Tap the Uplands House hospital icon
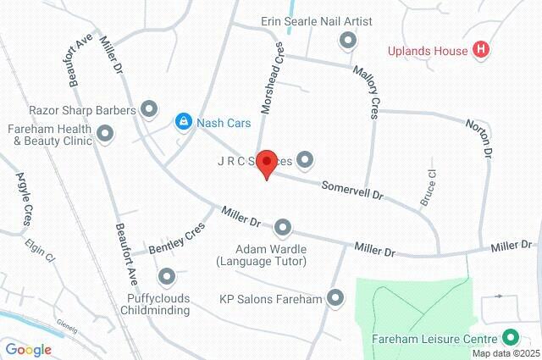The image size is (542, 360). pos(482,50)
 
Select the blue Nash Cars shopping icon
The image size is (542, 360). pos(183,123)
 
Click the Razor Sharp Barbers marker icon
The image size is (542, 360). pos(149,109)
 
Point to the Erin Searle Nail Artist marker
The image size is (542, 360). pos(347,40)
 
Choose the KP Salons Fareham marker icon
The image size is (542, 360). pos(336,298)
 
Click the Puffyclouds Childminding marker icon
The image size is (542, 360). pos(167,276)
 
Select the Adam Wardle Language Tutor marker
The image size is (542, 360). pos(282,228)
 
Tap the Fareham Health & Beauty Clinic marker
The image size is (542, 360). pos(106,133)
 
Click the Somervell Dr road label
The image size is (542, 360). pos(351,189)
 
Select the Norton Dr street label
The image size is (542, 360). pos(479,140)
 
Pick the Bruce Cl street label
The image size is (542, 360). pos(429,191)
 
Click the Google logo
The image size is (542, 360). pos(29,349)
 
